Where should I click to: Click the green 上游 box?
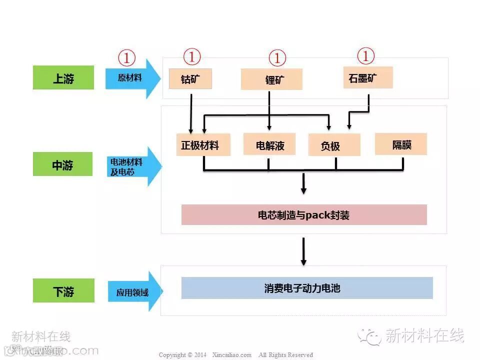click(x=63, y=78)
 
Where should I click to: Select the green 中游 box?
click(x=63, y=164)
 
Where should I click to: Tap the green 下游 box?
click(x=63, y=290)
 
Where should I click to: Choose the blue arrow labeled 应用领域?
click(x=133, y=291)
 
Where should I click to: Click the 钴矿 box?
click(x=190, y=79)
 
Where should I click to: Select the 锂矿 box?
click(x=271, y=79)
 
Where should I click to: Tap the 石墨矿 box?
click(x=367, y=77)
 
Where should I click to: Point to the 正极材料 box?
click(x=203, y=145)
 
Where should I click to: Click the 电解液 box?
click(x=269, y=144)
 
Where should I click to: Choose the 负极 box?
click(x=334, y=145)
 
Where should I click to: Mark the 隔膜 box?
click(x=401, y=144)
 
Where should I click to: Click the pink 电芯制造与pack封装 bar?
click(x=304, y=215)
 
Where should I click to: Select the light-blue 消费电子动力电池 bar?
click(x=306, y=288)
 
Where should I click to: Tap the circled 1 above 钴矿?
click(x=192, y=56)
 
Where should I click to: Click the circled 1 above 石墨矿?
click(x=365, y=56)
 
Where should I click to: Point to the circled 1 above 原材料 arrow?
click(x=126, y=58)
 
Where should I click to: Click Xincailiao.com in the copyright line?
click(x=231, y=355)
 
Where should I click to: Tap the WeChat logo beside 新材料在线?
click(x=372, y=336)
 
